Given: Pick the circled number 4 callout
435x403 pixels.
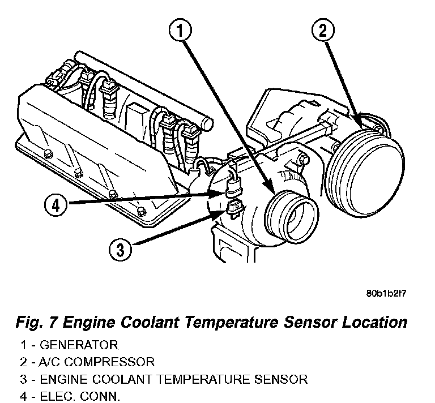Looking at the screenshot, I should (x=55, y=205).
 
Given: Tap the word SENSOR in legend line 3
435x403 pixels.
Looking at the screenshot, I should (x=285, y=378).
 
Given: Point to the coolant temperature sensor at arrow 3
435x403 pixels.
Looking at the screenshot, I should (x=234, y=209).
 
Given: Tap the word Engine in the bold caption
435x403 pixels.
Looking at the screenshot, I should (x=88, y=323).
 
